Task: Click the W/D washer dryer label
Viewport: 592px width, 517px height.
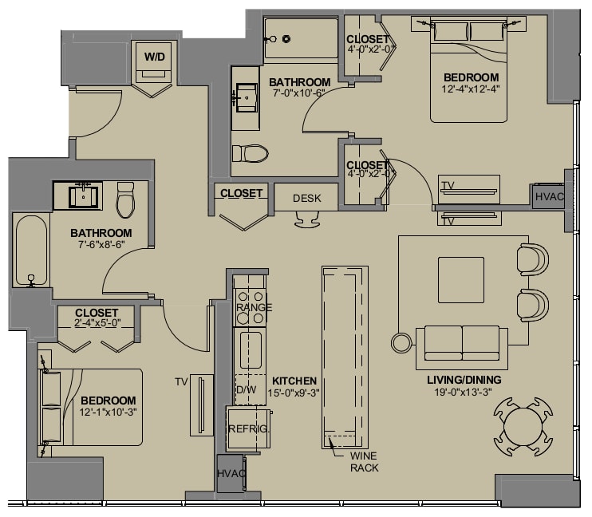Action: tap(155, 57)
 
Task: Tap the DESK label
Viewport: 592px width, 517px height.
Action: tap(307, 199)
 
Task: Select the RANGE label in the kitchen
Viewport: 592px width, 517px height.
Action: tap(254, 307)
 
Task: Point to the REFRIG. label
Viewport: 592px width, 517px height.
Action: tap(249, 429)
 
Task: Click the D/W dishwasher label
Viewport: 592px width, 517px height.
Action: tap(247, 389)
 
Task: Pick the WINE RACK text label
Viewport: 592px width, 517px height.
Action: tap(364, 462)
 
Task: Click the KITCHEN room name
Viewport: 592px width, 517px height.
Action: tap(294, 381)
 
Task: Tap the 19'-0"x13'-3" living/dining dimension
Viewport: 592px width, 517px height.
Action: tap(464, 393)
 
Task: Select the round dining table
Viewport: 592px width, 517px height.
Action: tap(523, 426)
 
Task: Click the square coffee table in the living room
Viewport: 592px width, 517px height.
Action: tap(461, 280)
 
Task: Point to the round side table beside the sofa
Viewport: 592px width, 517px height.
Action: tap(402, 343)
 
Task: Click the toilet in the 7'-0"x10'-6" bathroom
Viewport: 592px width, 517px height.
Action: tap(250, 154)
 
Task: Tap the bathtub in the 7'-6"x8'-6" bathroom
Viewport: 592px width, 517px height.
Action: tap(31, 251)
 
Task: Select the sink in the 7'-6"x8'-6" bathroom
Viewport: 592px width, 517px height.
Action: tap(83, 196)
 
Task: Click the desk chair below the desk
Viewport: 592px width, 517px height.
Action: tap(307, 219)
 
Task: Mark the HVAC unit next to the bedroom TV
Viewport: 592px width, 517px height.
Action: tap(549, 196)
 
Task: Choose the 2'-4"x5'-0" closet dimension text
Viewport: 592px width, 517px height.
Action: tap(97, 323)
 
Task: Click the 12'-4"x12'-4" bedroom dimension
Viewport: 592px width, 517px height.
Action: tap(471, 89)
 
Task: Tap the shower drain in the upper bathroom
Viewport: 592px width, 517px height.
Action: tap(287, 38)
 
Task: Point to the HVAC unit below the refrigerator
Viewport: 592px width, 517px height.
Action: tap(231, 473)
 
